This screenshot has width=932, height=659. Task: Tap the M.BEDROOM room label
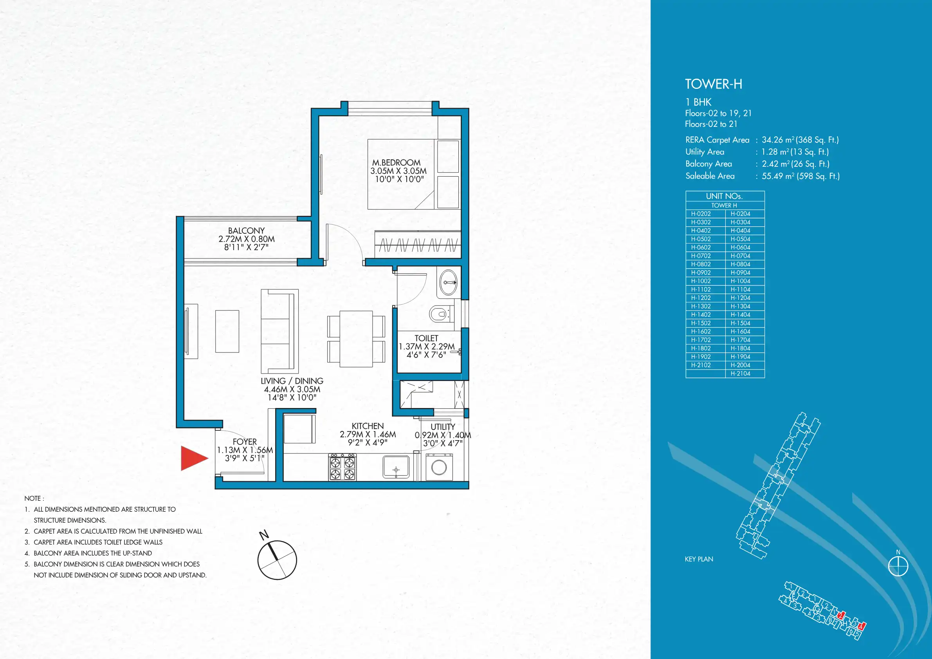pos(396,162)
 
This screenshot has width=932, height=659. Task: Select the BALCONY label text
pos(246,231)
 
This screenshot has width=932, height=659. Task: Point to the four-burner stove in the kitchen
pos(342,468)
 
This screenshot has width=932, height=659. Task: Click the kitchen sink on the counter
pos(396,467)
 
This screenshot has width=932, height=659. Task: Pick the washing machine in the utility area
pos(439,468)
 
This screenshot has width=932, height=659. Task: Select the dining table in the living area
pos(356,339)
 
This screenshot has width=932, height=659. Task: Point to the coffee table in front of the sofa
pos(227,331)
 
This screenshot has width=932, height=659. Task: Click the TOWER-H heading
pos(714,84)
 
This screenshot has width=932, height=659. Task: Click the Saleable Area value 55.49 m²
pos(778,176)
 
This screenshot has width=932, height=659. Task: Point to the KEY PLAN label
pos(699,559)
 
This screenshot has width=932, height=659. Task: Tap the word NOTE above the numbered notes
pos(32,498)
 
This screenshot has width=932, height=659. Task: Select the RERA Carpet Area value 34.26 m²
pos(778,140)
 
